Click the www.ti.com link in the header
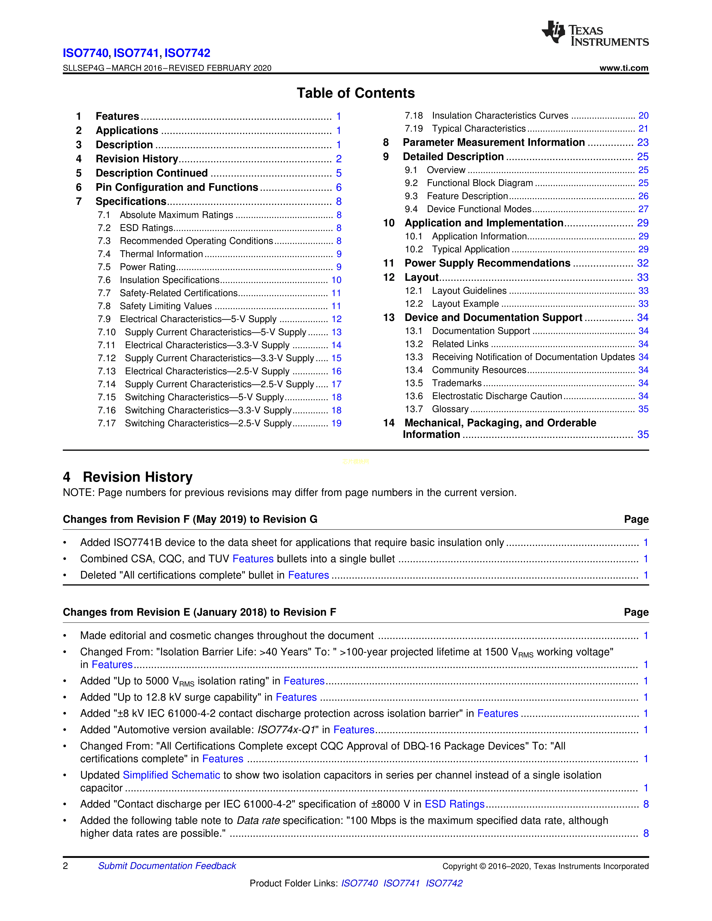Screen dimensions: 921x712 tap(623, 68)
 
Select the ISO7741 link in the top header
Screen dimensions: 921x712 tap(136, 53)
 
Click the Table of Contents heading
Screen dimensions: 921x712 tap(355, 93)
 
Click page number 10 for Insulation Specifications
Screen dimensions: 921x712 tap(336, 280)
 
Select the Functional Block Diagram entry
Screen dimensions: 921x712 tap(480, 183)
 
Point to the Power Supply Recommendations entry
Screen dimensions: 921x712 tap(487, 263)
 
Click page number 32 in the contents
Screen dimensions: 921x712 tap(642, 263)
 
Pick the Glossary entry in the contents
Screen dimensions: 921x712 tap(450, 409)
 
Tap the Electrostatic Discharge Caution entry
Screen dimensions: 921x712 tap(497, 396)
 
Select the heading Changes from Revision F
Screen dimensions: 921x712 tap(190, 519)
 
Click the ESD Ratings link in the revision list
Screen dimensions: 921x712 tap(454, 804)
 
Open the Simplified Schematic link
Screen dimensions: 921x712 tap(171, 775)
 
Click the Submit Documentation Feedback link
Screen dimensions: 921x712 tap(167, 866)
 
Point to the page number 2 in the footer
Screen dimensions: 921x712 tap(65, 866)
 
